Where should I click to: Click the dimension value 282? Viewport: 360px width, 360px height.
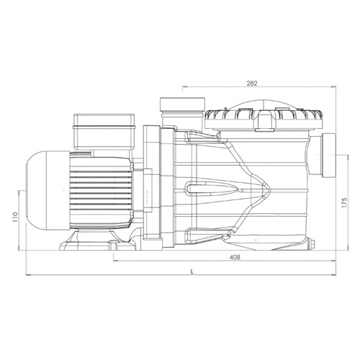252,84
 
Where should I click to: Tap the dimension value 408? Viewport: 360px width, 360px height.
235,257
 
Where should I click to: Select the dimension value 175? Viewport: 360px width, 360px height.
345,203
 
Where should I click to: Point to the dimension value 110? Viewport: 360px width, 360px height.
15,217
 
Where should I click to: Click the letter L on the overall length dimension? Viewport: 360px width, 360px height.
192,271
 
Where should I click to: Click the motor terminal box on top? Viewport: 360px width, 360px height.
104,132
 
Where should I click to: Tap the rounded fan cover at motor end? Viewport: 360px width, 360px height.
48,191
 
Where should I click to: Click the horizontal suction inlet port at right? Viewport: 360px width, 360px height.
324,156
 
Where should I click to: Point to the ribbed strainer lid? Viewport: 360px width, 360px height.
264,120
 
